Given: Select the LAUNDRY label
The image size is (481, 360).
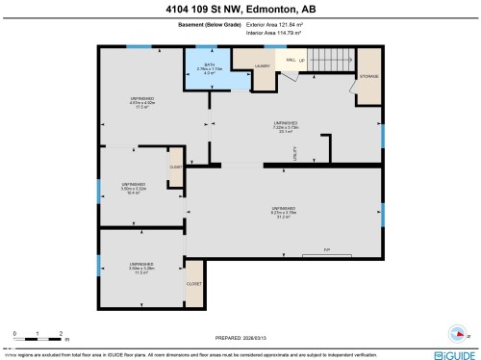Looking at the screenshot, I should [261, 66].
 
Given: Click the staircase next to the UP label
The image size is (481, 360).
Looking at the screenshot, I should [328, 59].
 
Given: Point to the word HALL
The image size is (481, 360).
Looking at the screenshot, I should [290, 60].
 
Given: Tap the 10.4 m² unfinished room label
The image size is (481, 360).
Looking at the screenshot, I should [133, 188].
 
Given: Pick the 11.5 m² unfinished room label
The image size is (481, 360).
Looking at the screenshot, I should [141, 268].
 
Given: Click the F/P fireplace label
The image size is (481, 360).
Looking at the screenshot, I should [327, 250].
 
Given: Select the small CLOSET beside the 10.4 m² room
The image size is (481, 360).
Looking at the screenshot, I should [176, 167].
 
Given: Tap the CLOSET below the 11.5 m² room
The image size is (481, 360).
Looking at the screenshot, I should [194, 285].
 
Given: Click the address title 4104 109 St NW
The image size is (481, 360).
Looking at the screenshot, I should [240, 11].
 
